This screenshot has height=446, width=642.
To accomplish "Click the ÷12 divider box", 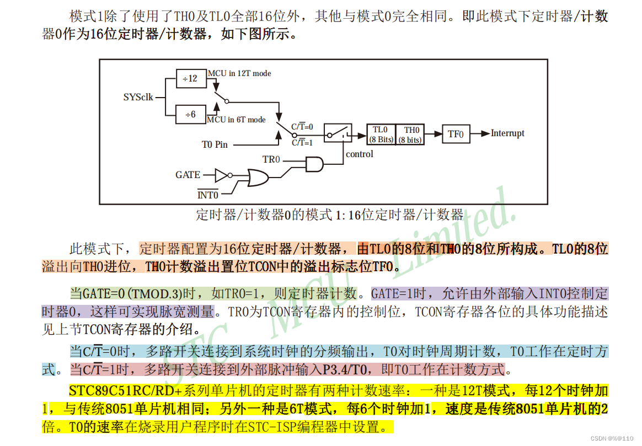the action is click(190, 78).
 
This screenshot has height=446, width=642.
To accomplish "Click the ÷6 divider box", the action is click(190, 114).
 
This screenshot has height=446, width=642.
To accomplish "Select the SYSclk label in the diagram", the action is click(138, 97).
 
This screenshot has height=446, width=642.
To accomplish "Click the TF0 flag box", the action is click(456, 134).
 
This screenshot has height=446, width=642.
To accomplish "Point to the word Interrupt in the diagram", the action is click(507, 133).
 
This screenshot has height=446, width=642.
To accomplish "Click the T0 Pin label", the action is click(215, 144).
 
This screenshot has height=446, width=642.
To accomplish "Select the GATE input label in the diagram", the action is click(188, 175).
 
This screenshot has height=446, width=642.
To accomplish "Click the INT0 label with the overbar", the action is click(208, 195).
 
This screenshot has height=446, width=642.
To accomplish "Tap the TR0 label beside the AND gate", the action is click(271, 160).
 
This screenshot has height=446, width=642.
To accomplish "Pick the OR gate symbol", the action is click(256, 178).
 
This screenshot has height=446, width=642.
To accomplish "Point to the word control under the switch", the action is click(360, 154).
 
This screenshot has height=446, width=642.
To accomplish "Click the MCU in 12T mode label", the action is click(239, 73).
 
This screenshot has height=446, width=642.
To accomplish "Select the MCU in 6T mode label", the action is click(236, 120).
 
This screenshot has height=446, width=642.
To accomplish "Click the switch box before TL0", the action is click(338, 133).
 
